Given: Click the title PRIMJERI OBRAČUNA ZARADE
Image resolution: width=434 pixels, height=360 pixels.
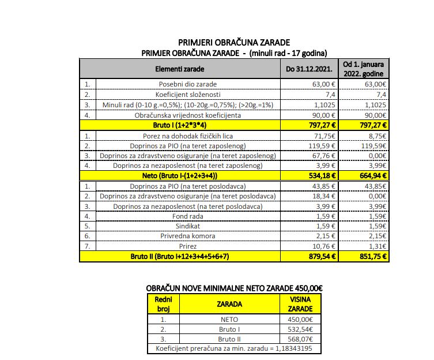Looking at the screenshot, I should tap(234, 42).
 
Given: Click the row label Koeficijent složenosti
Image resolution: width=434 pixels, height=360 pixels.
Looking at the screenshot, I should tap(188, 93).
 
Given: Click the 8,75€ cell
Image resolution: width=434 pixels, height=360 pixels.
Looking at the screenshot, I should tap(377, 135).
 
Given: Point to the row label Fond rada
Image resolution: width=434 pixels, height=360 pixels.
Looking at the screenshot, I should tap(188, 216).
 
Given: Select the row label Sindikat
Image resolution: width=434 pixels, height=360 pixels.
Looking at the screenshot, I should tap(188, 227).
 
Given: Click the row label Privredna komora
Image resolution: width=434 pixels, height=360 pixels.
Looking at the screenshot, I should tap(188, 237).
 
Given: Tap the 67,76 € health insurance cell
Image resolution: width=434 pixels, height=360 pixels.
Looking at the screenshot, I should tap(324, 155).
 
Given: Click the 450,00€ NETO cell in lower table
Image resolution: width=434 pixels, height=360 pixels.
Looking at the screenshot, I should tap(300, 319).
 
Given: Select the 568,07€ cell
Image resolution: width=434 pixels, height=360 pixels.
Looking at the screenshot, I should tap(300, 339).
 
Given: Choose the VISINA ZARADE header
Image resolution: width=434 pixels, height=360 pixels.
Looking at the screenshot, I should tap(300, 303).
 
